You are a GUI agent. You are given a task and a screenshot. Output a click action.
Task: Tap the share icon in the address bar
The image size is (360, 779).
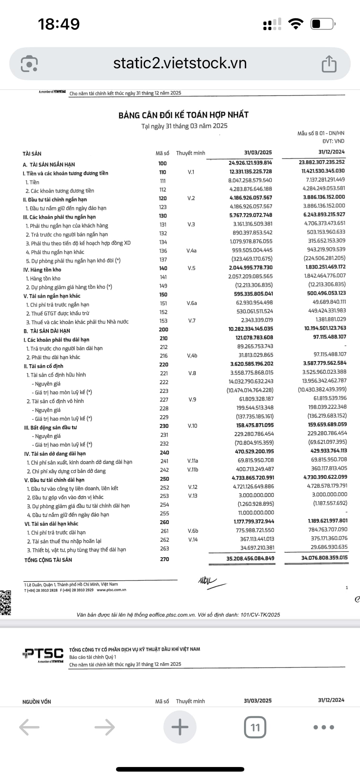point(329,64)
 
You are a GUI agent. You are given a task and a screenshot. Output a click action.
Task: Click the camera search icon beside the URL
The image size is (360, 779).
point(29,64)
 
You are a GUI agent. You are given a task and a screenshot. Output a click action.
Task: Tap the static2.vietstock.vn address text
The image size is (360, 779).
point(180,63)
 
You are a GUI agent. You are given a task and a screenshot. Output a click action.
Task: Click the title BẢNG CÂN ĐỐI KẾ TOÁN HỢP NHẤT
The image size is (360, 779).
point(183,115)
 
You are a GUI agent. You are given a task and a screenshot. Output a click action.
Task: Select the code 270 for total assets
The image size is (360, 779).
point(164,559)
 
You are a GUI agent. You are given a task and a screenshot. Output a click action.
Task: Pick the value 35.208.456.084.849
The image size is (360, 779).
point(250,558)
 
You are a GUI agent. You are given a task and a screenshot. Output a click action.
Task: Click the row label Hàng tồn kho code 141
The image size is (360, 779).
point(43,278)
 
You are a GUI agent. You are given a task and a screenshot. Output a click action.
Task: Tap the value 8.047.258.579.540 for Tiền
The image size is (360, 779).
point(250,180)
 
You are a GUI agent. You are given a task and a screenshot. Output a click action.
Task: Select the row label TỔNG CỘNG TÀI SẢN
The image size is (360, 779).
point(48,560)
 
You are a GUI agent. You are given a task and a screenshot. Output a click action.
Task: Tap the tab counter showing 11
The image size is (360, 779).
point(255,727)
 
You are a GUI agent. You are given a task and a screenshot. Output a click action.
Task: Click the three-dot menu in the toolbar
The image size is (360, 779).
point(323,727)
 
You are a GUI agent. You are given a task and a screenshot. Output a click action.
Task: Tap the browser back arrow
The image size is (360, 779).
point(29,727)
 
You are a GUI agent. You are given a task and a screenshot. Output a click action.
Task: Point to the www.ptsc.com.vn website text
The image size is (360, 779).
point(111,590)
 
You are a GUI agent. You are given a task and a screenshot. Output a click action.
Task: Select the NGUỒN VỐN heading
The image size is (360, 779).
point(37,702)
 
